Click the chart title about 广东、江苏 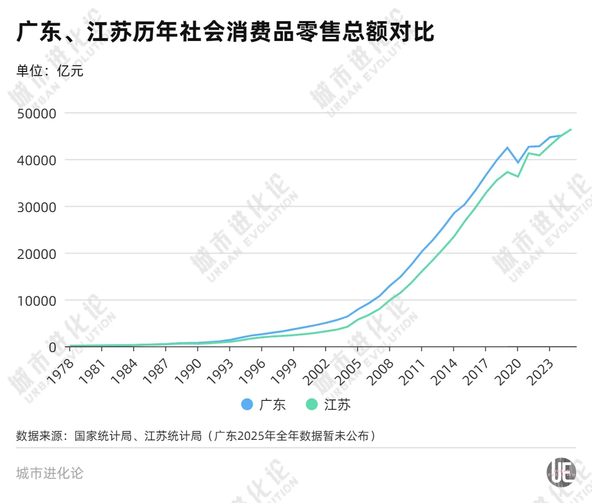pos(225,33)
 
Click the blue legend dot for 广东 pos(247,404)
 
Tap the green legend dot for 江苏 pos(312,404)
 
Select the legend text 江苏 pos(337,404)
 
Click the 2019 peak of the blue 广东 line pos(507,147)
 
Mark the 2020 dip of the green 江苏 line pos(518,176)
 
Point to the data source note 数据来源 pos(196,436)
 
